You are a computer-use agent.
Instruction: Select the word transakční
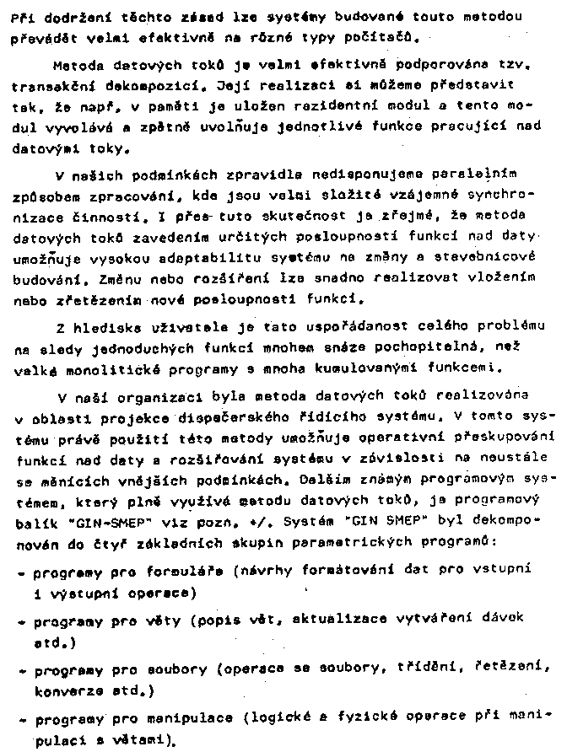pyautogui.click(x=50, y=86)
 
